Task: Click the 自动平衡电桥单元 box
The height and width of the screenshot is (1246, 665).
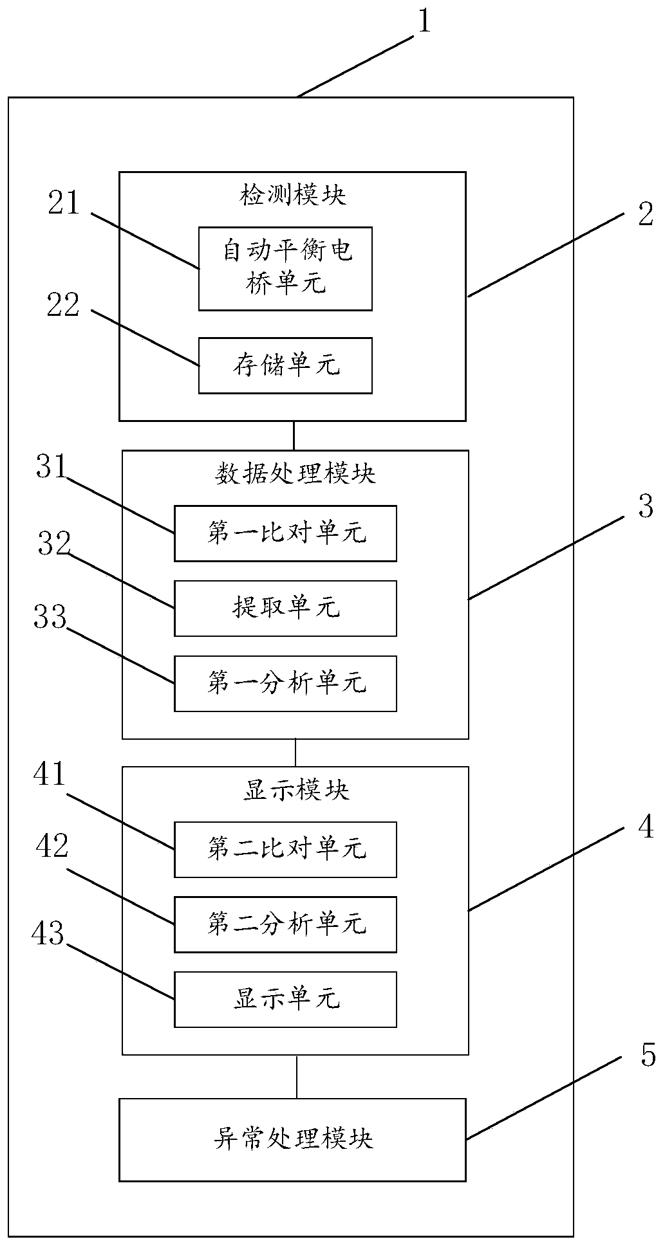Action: (285, 268)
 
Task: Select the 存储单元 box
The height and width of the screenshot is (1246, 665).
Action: (285, 365)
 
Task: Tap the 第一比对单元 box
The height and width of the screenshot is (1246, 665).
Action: (285, 533)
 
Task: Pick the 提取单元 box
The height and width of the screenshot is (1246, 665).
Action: (285, 608)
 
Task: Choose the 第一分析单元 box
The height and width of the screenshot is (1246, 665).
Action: (285, 683)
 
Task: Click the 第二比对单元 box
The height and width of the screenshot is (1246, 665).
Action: (285, 849)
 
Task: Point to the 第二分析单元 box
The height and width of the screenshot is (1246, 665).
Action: (285, 924)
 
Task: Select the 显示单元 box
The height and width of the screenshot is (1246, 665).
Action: (285, 999)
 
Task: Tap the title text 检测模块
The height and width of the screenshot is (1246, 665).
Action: (293, 195)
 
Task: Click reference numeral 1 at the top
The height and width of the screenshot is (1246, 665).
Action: (424, 22)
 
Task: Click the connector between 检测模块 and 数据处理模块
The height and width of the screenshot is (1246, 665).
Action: (294, 435)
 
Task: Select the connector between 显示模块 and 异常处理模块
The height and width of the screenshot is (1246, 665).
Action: (296, 1076)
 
